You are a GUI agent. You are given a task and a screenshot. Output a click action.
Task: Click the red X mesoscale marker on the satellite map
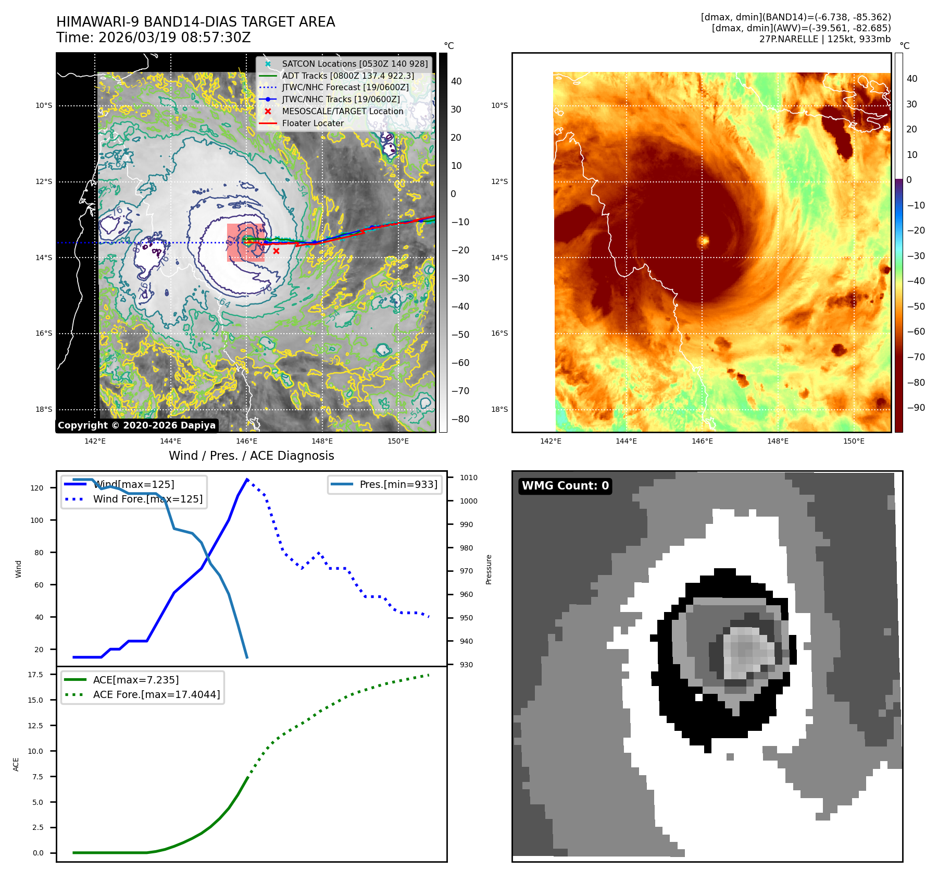tap(276, 251)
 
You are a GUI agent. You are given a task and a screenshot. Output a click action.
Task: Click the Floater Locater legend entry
tap(312, 124)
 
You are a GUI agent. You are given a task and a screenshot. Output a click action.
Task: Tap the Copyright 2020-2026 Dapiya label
tap(136, 425)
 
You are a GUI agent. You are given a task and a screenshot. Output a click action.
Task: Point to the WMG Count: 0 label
tap(565, 486)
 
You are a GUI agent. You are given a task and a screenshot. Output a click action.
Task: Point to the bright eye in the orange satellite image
tap(704, 241)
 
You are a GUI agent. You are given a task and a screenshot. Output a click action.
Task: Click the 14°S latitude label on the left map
tap(44, 258)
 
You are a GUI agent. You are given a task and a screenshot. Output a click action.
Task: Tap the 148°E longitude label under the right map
tap(778, 441)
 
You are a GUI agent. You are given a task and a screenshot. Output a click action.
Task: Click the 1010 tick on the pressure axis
tap(468, 478)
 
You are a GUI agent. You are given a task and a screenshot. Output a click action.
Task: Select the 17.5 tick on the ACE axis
tap(35, 675)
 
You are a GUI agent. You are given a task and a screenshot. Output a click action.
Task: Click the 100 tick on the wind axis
tap(37, 520)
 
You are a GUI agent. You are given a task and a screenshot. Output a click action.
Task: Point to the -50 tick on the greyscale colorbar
tap(460, 335)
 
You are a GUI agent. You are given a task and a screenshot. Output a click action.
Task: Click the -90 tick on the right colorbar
tap(916, 408)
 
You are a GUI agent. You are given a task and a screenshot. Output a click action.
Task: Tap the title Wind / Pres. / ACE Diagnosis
tap(251, 456)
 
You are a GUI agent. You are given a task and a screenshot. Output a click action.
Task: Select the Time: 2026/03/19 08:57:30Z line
tap(154, 38)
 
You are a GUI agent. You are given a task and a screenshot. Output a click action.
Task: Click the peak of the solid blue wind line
tap(247, 479)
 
